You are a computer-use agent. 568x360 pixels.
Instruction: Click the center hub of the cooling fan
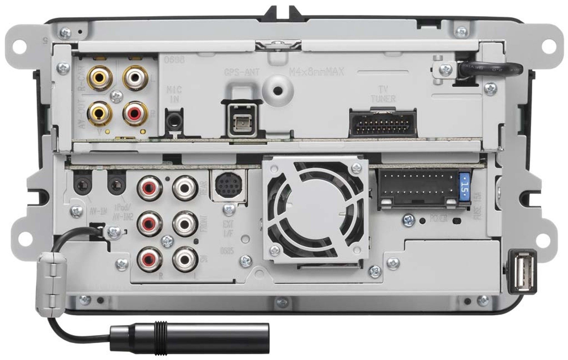[x=315, y=205]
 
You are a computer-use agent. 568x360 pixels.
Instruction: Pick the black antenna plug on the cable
[x=189, y=338]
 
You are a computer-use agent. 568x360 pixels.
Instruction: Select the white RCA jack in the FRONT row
[x=185, y=224]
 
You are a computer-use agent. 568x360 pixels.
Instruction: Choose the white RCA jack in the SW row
[x=185, y=259]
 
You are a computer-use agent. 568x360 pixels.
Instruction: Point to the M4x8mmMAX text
[x=316, y=72]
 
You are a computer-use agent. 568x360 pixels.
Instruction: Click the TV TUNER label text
[x=383, y=94]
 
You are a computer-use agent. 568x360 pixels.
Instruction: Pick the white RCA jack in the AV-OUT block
[x=135, y=78]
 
